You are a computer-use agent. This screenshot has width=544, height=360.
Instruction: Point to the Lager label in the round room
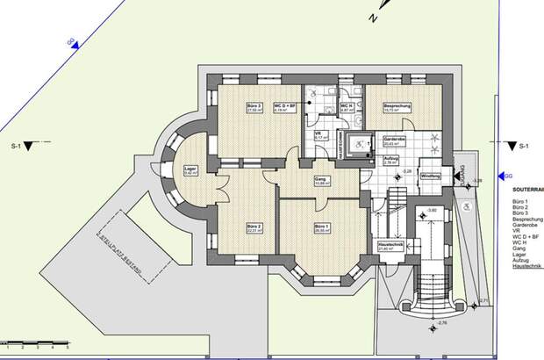click(x=190, y=170)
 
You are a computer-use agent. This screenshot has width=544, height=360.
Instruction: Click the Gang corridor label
click(x=321, y=181)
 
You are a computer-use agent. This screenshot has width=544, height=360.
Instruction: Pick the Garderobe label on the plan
click(x=393, y=140)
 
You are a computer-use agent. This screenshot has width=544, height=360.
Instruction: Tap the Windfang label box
click(x=431, y=176)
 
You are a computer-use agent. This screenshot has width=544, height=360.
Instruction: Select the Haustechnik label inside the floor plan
click(x=389, y=247)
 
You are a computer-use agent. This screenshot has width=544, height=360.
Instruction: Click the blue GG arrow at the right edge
click(x=503, y=176)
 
